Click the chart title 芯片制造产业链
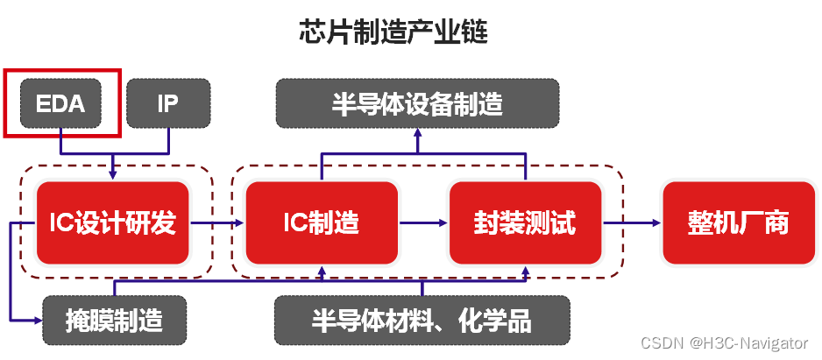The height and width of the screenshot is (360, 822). (x=393, y=33)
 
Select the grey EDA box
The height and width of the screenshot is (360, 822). (x=60, y=103)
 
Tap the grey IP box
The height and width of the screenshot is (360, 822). (x=168, y=103)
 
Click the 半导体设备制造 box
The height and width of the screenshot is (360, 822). (x=417, y=103)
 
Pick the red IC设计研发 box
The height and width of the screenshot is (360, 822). (x=113, y=223)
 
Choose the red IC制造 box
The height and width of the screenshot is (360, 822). (x=322, y=223)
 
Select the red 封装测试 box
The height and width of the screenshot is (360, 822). (x=525, y=223)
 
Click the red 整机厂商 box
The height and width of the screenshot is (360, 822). (x=738, y=223)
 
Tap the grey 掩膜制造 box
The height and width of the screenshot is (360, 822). (x=115, y=320)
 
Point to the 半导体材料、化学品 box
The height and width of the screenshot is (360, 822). (x=422, y=320)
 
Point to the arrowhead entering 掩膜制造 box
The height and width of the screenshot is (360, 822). (x=37, y=320)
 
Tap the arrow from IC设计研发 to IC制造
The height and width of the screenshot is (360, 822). (x=217, y=223)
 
